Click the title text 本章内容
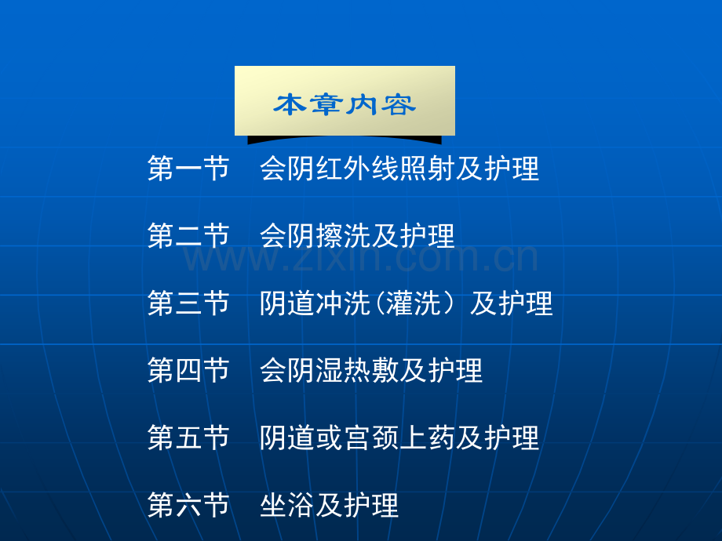[345, 104]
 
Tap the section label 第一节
[188, 169]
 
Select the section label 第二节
[188, 235]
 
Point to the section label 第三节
[188, 303]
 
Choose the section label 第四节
[188, 370]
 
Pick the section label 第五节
[188, 438]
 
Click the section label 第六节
[188, 505]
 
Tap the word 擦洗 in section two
[344, 235]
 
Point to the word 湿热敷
[357, 370]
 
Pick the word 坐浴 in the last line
[287, 505]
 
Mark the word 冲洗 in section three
[344, 303]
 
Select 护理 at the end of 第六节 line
[371, 505]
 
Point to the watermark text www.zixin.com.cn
[360, 258]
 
